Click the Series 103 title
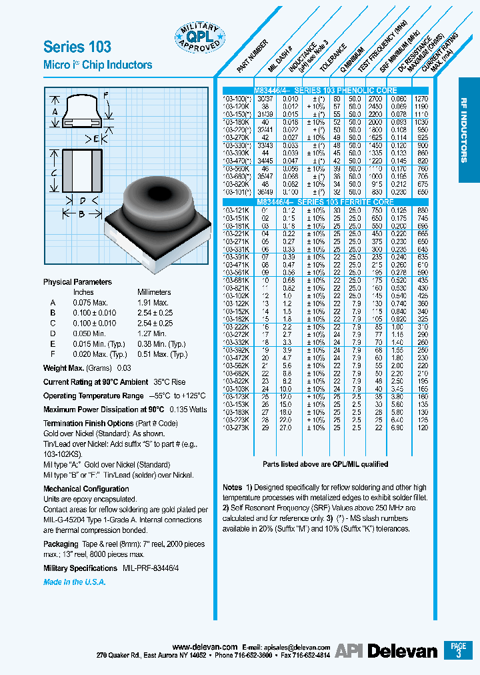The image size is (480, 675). [x=77, y=47]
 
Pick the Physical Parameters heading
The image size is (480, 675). [x=77, y=282]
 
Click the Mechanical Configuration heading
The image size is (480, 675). [x=86, y=489]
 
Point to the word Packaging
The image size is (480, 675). [x=61, y=544]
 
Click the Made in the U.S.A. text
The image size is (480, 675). [x=75, y=582]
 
